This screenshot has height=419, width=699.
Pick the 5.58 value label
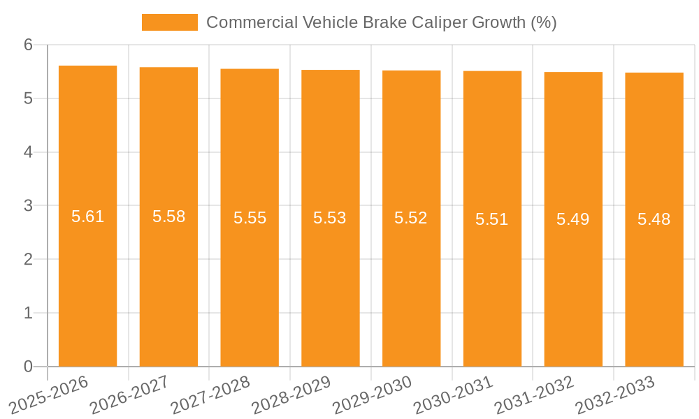click(169, 216)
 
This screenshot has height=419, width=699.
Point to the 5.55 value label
click(250, 218)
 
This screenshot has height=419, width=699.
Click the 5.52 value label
click(411, 218)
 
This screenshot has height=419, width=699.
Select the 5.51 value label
click(492, 219)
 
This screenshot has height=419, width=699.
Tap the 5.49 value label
click(573, 219)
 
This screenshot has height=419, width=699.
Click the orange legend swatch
click(170, 22)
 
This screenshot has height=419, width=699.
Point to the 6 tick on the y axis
click(29, 45)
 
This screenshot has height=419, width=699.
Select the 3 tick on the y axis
click(29, 206)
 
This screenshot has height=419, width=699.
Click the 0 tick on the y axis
click(29, 367)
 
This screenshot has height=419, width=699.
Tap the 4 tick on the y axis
click(29, 152)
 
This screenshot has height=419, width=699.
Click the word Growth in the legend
click(499, 22)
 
